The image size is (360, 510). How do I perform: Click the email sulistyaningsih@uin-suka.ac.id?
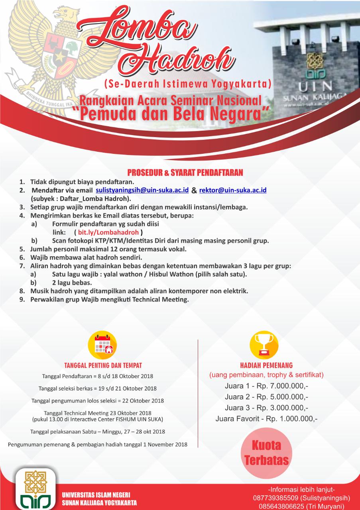click(142, 190)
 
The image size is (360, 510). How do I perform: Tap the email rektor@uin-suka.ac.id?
click(232, 190)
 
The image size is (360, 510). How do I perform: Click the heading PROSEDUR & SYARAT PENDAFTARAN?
click(185, 173)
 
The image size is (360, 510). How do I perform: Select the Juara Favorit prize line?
click(266, 419)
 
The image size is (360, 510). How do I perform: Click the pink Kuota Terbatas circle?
click(266, 453)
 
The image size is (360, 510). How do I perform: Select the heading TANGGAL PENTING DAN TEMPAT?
click(103, 365)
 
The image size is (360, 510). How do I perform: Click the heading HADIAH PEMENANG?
click(266, 365)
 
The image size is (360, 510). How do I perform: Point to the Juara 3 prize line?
click(266, 408)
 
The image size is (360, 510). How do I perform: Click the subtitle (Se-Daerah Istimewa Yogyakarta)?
click(187, 84)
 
